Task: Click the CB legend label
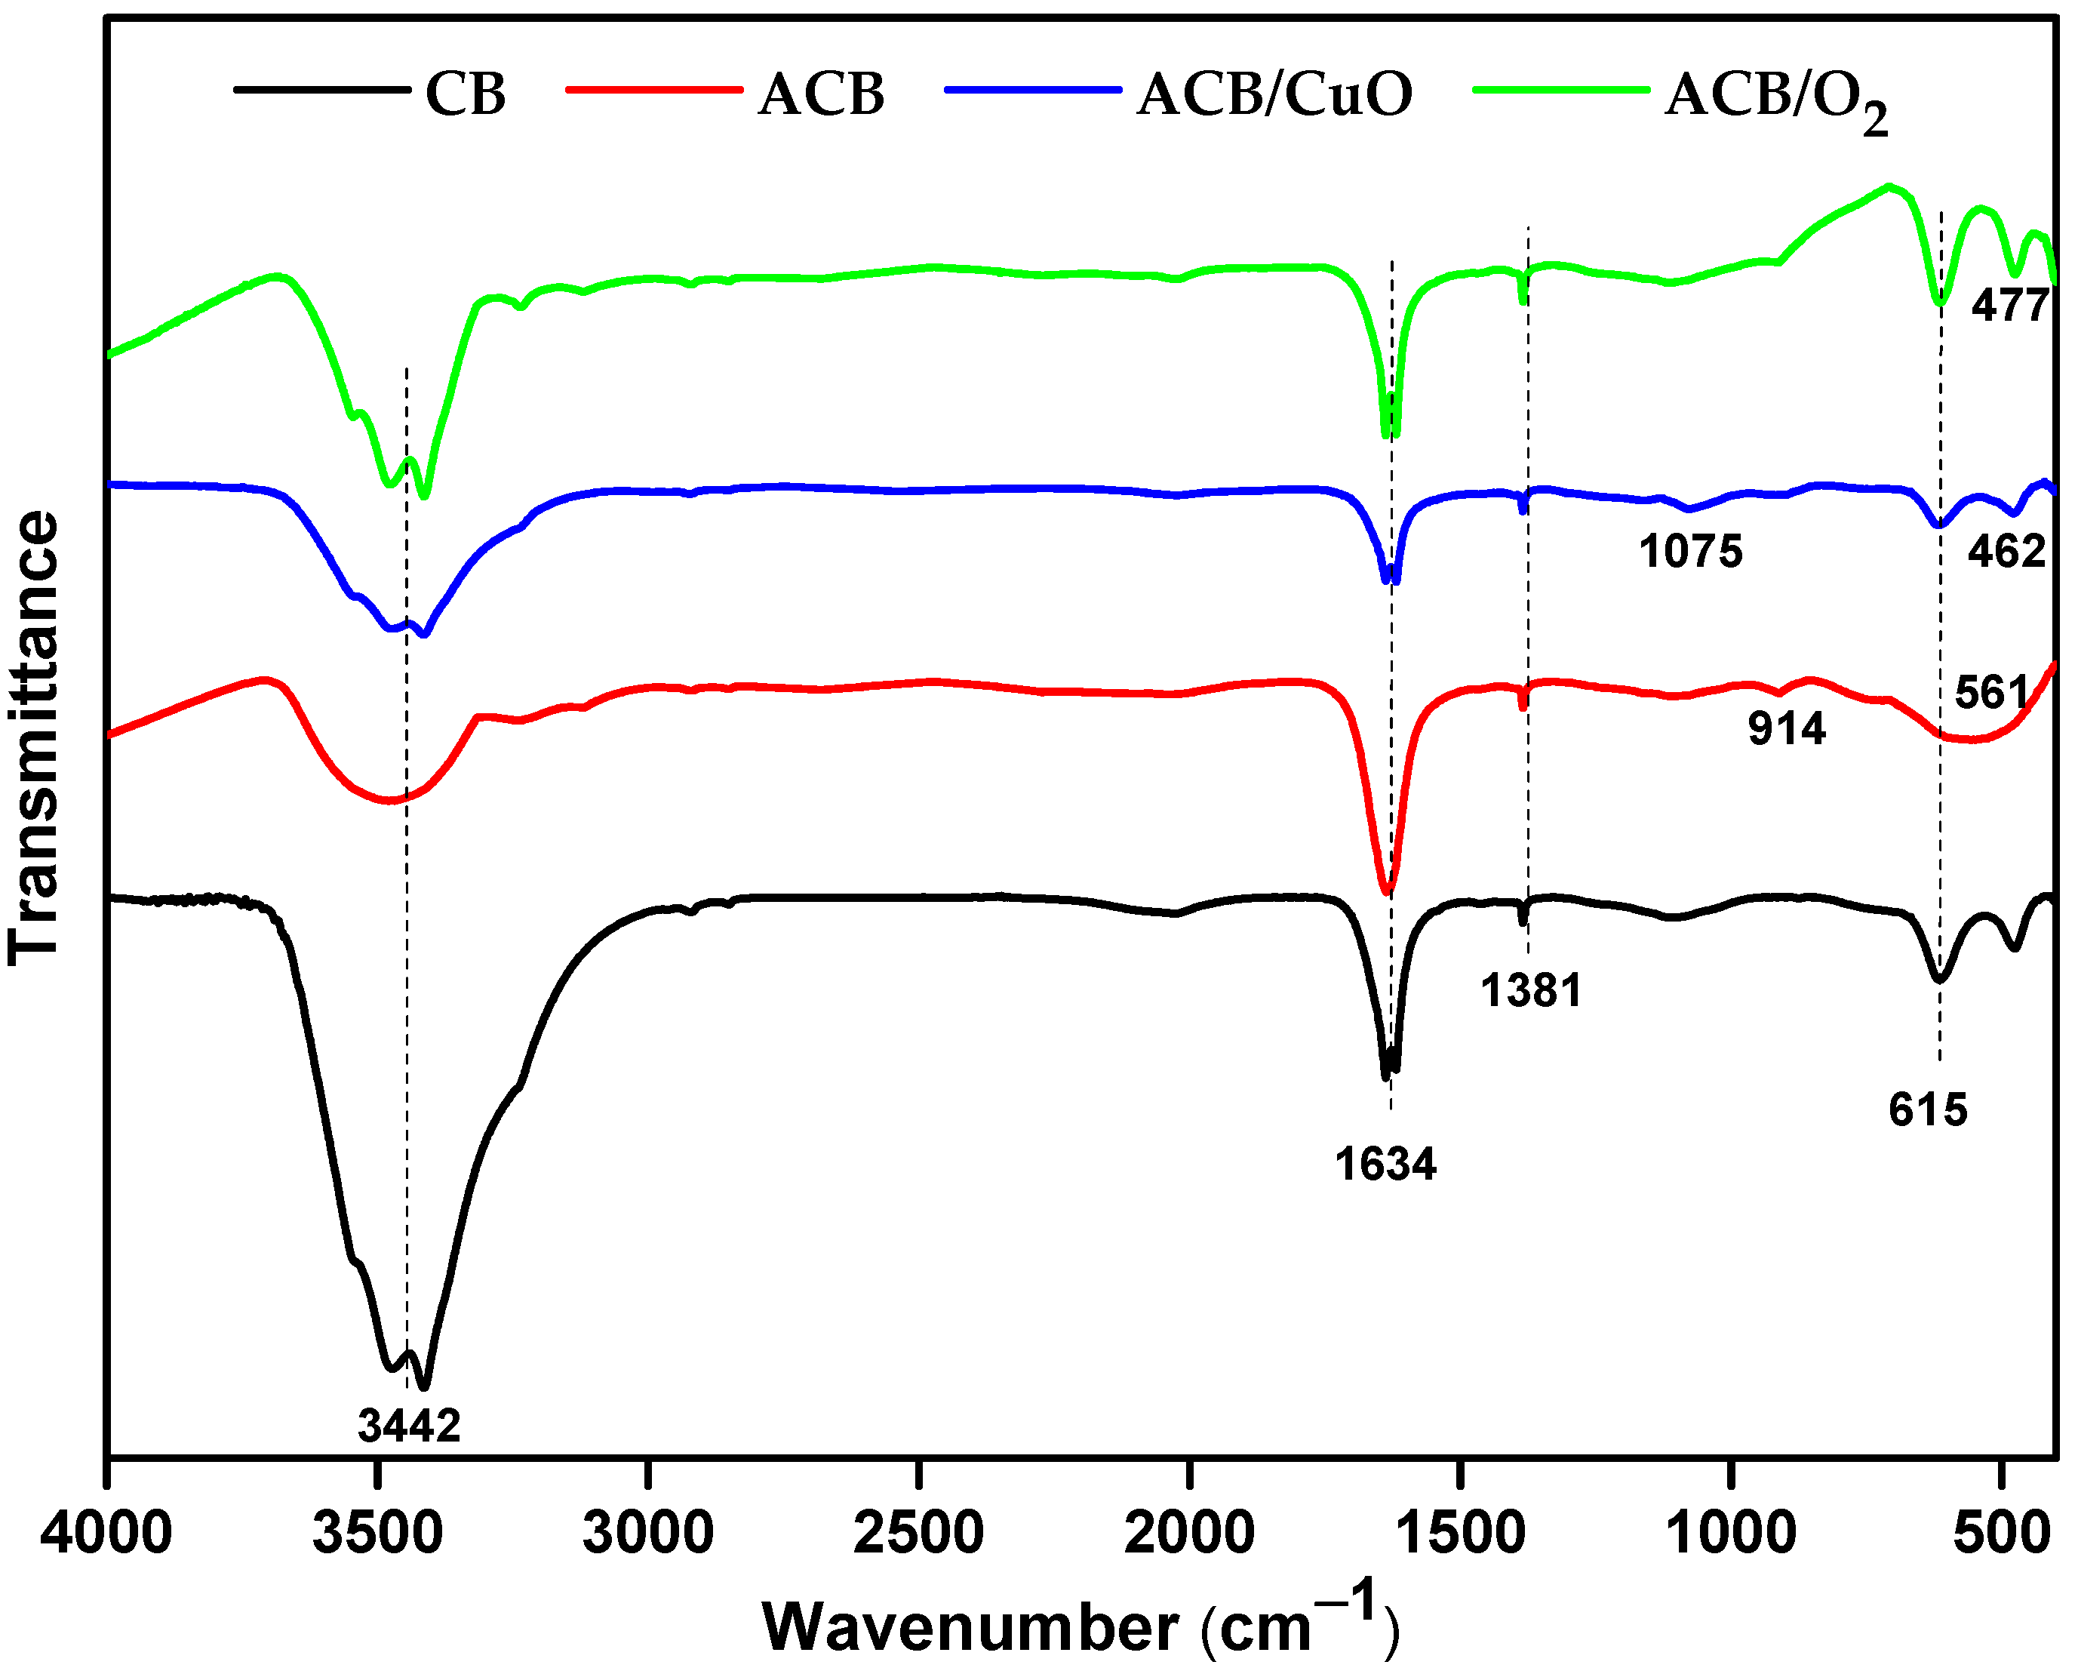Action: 466,95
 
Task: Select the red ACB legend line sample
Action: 653,90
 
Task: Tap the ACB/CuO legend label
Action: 1274,95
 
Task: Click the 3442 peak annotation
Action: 410,1425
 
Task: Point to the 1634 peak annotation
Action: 1386,1165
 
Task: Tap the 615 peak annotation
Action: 1928,1110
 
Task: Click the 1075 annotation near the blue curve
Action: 1690,552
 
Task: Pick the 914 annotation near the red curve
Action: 1787,729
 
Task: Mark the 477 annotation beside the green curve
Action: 2009,306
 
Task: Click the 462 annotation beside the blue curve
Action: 2006,552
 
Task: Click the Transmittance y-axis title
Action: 35,737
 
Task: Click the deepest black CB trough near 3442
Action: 425,1386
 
